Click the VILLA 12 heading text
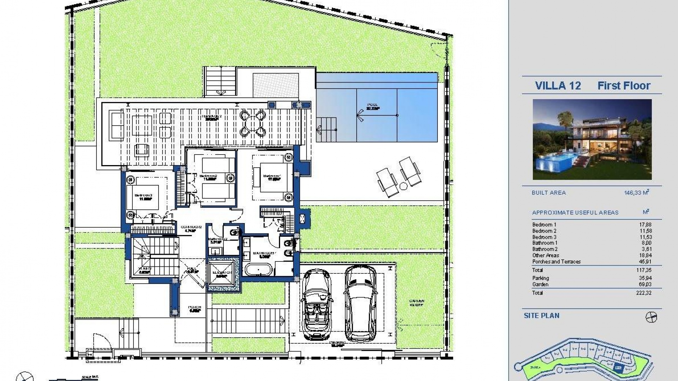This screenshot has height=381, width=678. (x=558, y=86)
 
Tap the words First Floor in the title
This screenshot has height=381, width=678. (x=624, y=86)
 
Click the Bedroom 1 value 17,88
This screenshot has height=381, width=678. (x=645, y=224)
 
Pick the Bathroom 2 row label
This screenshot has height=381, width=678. (x=545, y=249)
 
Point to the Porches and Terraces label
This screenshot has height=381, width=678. (x=556, y=262)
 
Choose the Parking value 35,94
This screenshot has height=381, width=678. (x=645, y=278)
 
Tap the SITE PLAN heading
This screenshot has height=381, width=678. (x=541, y=316)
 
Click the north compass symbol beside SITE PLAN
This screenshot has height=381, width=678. (x=651, y=317)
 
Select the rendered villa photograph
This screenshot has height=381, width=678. (x=592, y=139)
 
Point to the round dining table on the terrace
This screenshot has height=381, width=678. (x=252, y=123)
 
